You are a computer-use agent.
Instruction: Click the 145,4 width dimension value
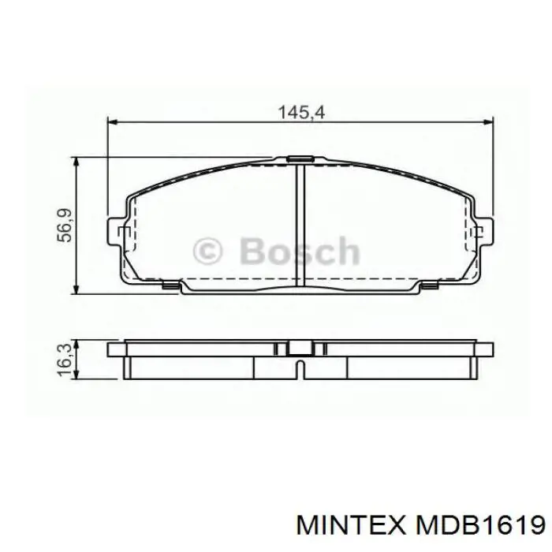pos(301,113)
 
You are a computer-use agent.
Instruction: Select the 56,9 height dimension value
pos(65,226)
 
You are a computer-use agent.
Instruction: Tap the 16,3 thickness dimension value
pos(65,360)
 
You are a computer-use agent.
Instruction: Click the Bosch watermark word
pos(300,251)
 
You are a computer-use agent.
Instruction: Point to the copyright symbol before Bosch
pos(207,251)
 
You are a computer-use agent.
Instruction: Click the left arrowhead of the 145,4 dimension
pos(112,122)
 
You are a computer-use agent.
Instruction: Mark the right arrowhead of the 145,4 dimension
pos(489,122)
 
